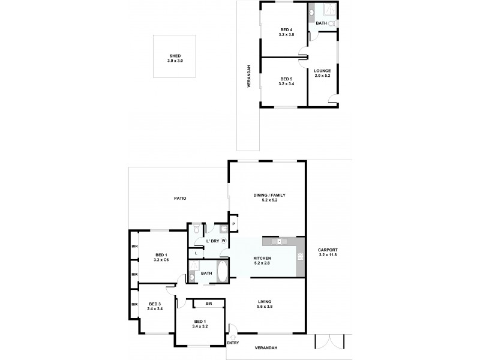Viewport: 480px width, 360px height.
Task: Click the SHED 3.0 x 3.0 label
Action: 175,59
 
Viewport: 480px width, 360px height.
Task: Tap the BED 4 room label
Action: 285,32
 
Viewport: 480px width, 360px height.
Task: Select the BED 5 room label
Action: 285,82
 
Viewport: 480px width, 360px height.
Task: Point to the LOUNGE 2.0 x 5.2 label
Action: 322,73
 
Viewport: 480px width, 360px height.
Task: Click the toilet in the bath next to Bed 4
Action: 332,23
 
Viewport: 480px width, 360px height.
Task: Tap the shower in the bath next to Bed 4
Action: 327,11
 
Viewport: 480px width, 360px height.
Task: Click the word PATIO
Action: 180,198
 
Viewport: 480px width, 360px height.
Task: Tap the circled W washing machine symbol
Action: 223,241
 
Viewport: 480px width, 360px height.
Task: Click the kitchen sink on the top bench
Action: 277,241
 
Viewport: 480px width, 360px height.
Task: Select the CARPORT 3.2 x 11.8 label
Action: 328,252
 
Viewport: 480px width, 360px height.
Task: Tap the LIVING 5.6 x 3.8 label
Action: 265,304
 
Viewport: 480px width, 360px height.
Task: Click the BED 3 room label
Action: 155,306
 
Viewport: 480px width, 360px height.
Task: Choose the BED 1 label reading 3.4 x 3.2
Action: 200,323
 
